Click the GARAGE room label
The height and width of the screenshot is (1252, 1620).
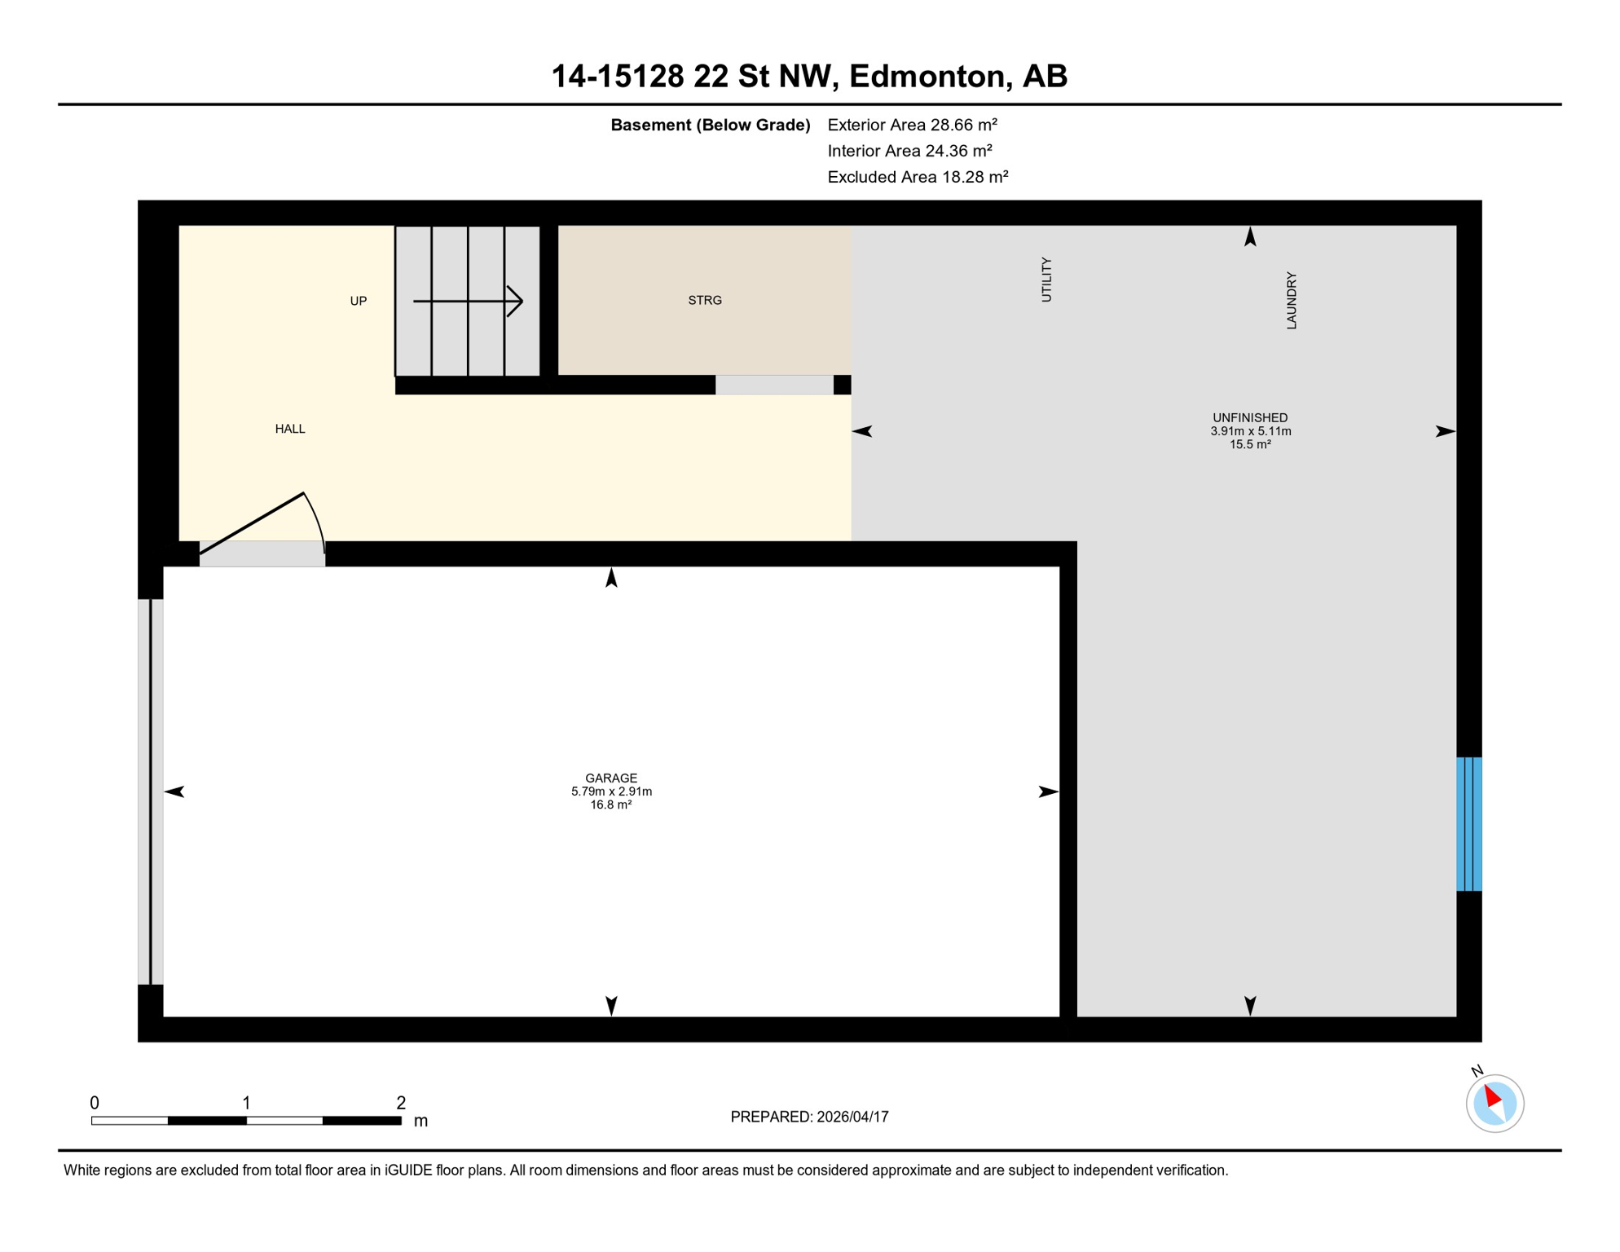point(611,778)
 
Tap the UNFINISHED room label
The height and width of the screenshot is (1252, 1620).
point(1250,418)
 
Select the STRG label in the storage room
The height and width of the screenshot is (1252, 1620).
point(705,301)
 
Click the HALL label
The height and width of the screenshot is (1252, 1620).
point(290,430)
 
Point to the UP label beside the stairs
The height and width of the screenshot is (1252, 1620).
point(359,302)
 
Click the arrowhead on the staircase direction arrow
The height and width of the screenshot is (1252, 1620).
point(515,302)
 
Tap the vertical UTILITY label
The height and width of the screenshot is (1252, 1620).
point(1047,280)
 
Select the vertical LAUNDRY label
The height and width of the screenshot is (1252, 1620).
point(1292,301)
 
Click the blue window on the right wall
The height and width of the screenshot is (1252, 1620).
point(1468,824)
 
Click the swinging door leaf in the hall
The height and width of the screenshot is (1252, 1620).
point(253,523)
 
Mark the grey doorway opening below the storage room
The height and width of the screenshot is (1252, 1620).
point(774,385)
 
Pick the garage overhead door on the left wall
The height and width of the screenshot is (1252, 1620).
point(151,791)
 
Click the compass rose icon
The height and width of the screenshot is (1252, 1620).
point(1495,1104)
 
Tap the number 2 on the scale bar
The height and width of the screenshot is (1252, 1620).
point(401,1103)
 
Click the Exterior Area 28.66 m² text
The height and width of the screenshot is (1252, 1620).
point(912,125)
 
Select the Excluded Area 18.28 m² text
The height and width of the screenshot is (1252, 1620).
point(918,177)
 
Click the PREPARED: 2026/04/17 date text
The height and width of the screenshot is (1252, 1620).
point(809,1117)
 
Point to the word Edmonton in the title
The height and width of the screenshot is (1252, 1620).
point(927,76)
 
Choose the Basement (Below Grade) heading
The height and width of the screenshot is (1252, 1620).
point(710,125)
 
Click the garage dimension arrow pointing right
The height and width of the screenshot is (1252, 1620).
point(1048,791)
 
